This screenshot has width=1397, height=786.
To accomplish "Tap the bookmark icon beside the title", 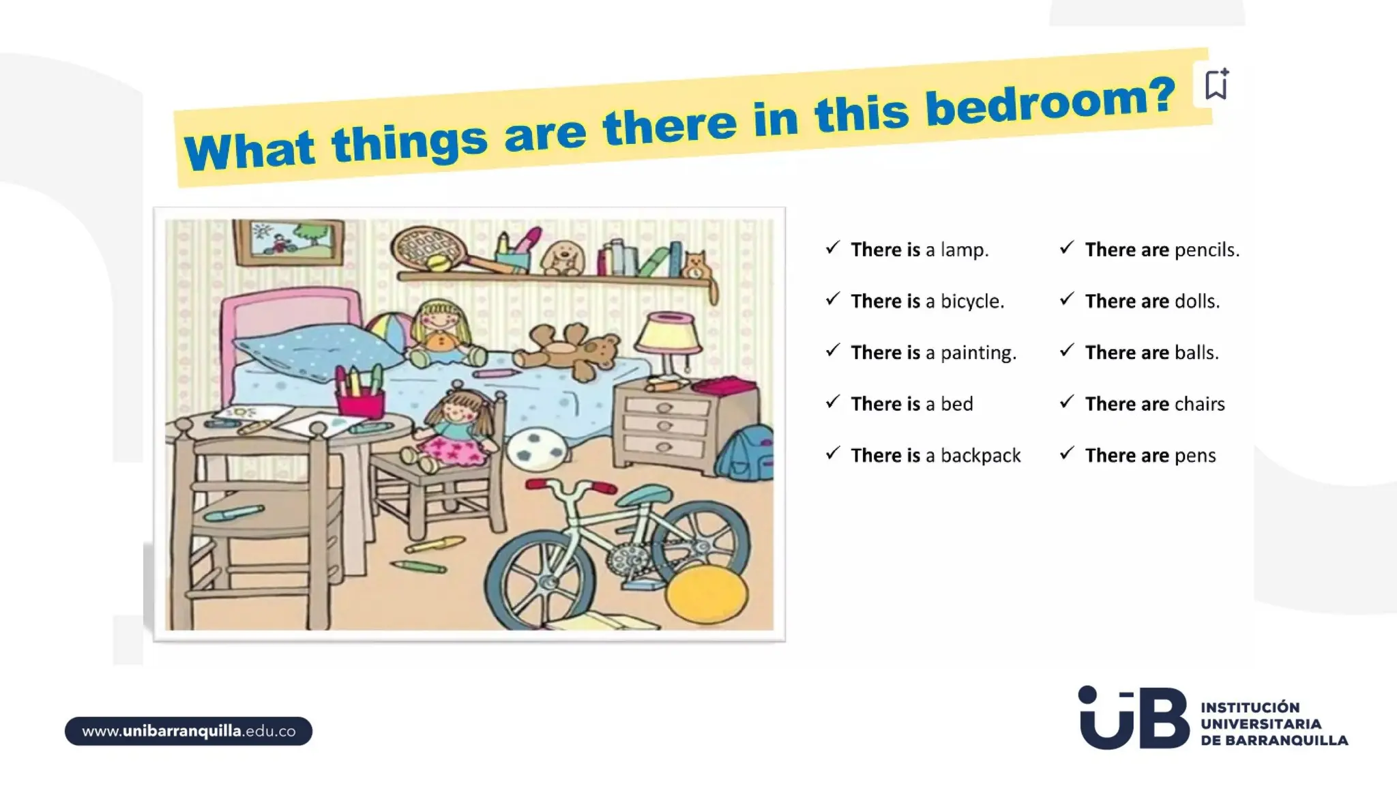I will [1216, 85].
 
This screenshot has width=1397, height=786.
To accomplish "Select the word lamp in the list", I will [964, 250].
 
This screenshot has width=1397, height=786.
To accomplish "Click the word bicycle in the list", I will [971, 301].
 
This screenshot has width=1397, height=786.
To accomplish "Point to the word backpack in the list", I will [980, 455].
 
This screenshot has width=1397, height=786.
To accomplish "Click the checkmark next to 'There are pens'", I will [1067, 453].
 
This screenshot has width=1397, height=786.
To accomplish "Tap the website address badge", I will [188, 731].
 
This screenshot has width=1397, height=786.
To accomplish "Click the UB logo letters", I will [1133, 718].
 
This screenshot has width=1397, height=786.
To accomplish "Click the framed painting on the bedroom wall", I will [289, 242].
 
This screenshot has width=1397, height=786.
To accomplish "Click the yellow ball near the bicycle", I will [706, 595].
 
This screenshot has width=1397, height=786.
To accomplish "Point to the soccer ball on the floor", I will [537, 450].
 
